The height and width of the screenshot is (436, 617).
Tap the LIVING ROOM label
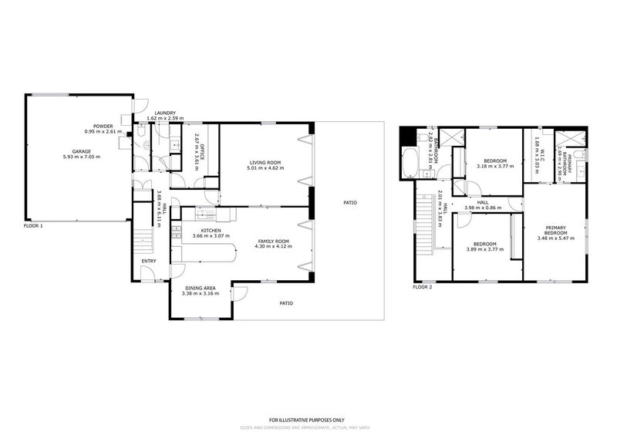(x=264, y=162)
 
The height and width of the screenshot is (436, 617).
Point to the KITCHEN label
(x=190, y=230)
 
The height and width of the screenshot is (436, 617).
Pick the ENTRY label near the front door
(x=149, y=260)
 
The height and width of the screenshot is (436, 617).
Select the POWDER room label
(x=103, y=127)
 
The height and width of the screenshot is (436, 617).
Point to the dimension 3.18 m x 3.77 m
(x=494, y=166)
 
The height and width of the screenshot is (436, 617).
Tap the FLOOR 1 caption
(x=33, y=225)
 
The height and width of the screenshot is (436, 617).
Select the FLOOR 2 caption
(x=422, y=287)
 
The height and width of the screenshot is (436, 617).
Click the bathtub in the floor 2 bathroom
(x=410, y=164)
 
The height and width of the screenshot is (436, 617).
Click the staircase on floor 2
(x=425, y=225)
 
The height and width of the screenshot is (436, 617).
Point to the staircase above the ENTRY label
(x=142, y=235)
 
